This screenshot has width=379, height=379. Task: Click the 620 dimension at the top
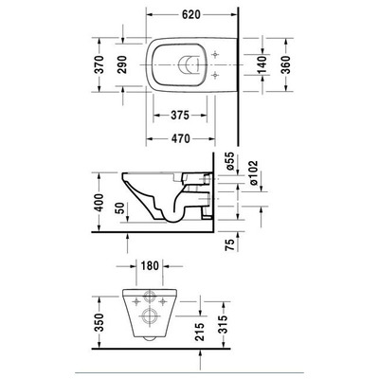coord(191,14)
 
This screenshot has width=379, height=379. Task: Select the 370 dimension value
coord(99,64)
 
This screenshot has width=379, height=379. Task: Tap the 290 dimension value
coord(122,64)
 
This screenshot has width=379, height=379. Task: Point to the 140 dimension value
coord(262,64)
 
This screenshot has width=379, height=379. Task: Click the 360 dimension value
coord(285,64)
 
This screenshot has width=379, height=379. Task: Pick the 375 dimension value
coord(180,116)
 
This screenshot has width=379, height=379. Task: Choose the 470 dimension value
coord(180,138)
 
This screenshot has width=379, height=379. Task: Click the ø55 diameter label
coord(230,162)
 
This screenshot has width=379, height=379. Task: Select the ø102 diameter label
coord(254,173)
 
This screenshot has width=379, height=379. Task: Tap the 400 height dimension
coord(99,203)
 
